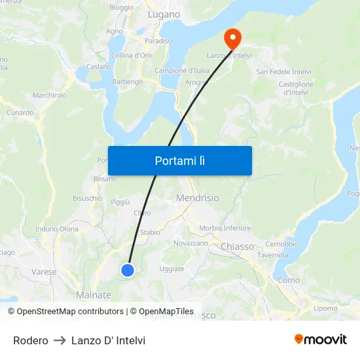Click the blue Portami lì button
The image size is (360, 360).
click(x=179, y=160)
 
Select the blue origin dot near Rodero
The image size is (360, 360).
click(x=128, y=270)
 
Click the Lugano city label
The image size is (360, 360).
click(x=164, y=14)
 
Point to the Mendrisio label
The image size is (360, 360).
click(x=198, y=198)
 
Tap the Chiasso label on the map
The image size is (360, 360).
click(x=238, y=247)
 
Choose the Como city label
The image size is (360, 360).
click(x=288, y=280)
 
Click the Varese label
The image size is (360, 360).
click(x=44, y=272)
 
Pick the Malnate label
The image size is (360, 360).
click(x=94, y=295)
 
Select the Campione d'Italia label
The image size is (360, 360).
click(x=181, y=71)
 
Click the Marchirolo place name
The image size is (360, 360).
click(x=50, y=96)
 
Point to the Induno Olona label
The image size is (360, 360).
click(x=57, y=229)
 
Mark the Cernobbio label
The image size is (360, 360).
click(x=282, y=244)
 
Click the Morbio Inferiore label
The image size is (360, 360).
click(x=225, y=228)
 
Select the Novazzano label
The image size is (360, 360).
click(x=190, y=243)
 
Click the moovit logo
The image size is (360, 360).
click(x=321, y=340)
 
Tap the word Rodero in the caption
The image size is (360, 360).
click(x=31, y=340)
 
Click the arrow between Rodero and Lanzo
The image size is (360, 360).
click(x=60, y=340)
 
